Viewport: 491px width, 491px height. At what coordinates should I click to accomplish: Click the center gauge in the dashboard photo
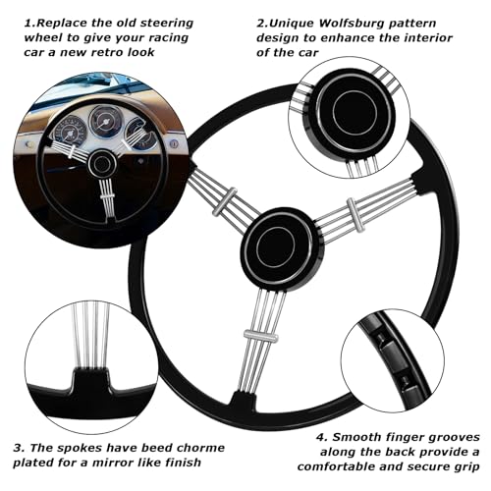coord(102,120)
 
